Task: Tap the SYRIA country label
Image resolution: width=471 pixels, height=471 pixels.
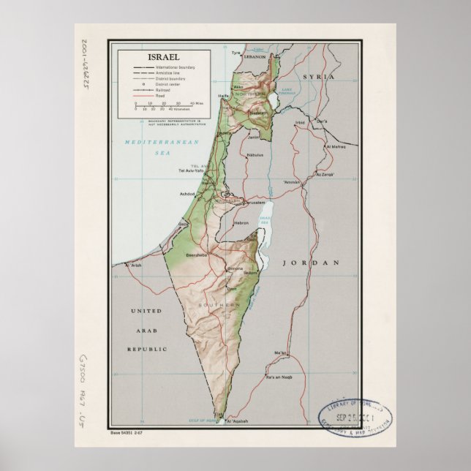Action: coord(319,76)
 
